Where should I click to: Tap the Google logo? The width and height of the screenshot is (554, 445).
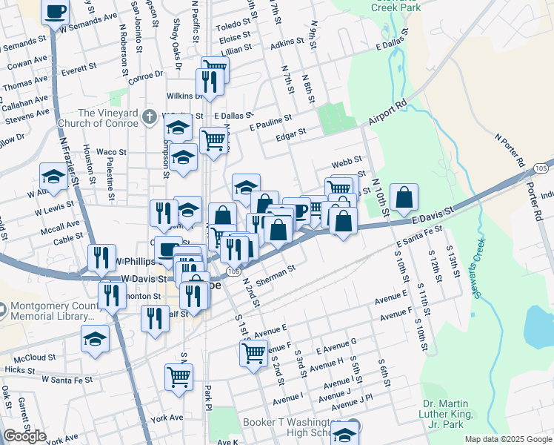pos(24,436)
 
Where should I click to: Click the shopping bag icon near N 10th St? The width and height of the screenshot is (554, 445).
pos(404,198)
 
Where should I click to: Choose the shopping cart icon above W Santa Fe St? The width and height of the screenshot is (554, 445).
pos(178,377)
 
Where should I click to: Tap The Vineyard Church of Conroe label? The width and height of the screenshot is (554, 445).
pos(108,118)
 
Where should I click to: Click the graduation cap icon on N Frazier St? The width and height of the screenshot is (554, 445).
pos(53,177)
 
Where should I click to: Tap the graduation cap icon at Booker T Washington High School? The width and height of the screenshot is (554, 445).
pos(344,433)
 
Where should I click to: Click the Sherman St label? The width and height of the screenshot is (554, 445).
pos(276,271)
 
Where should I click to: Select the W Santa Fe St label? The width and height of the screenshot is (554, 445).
pos(67,379)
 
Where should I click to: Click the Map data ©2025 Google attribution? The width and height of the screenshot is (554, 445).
pos(507,439)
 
